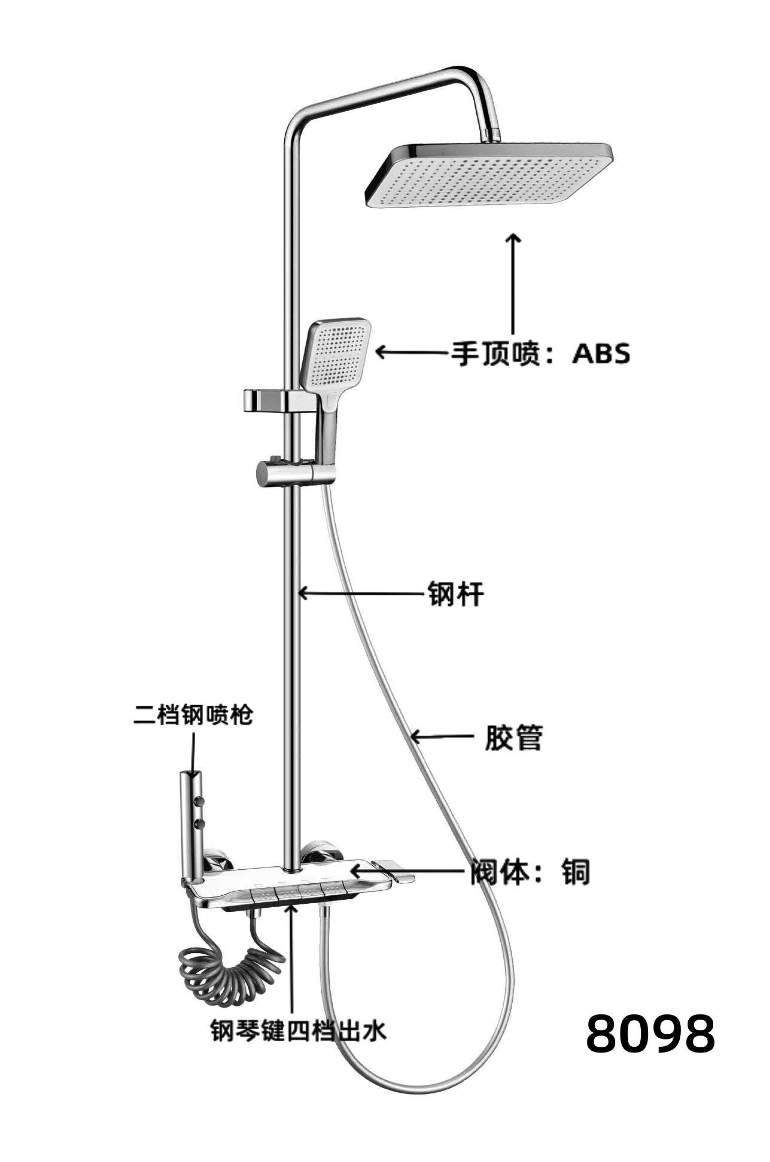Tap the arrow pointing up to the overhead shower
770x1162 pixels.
coord(514,285)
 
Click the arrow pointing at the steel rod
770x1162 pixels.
coord(361,593)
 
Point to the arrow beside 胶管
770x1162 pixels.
coord(440,736)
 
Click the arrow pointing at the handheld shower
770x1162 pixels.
coord(412,352)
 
